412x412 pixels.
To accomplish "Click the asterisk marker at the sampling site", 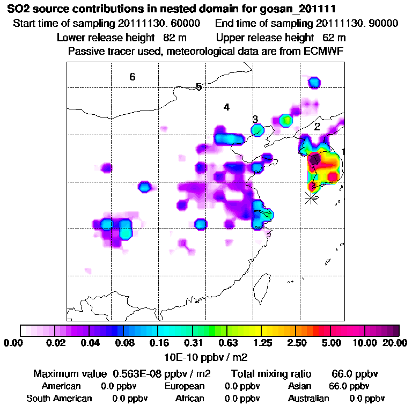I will (311, 198).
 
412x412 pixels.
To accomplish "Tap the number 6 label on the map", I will (132, 77).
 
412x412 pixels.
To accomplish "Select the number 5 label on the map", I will (198, 87).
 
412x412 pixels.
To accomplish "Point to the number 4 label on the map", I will (226, 107).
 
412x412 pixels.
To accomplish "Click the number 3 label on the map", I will (255, 119).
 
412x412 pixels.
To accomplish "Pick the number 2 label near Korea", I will (317, 127).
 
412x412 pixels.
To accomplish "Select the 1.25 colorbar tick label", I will (261, 342).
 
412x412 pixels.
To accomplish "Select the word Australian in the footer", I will (308, 398).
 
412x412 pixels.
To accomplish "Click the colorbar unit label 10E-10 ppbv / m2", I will (206, 356).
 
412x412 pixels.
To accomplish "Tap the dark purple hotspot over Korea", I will (315, 159).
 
